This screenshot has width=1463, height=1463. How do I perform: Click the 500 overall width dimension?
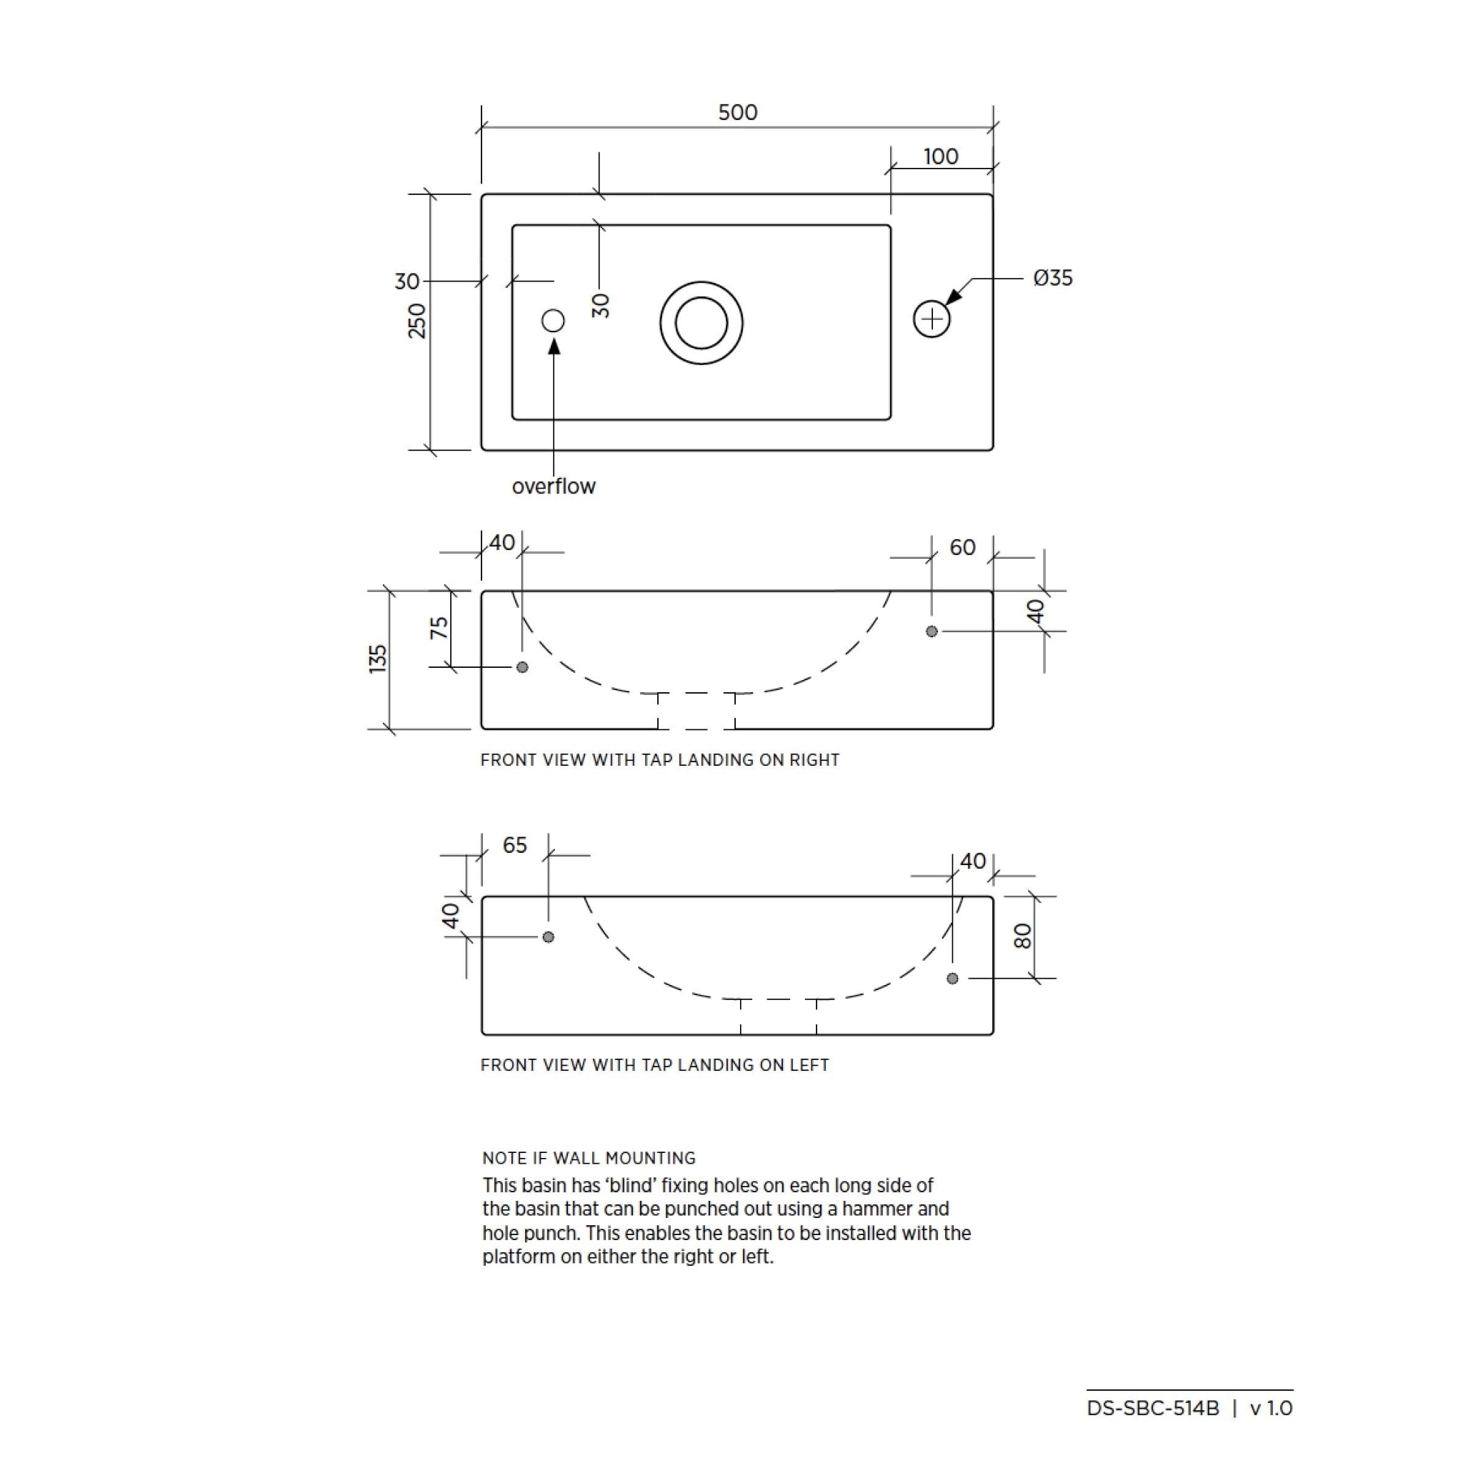(737, 112)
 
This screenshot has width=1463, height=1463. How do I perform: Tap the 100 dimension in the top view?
(941, 156)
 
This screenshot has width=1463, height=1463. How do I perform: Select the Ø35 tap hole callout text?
(1052, 278)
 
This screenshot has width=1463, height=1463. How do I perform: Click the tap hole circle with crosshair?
(932, 319)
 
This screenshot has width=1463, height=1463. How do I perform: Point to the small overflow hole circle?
(554, 320)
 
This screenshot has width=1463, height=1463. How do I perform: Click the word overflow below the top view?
(554, 486)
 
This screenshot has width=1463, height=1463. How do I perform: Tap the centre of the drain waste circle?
(701, 323)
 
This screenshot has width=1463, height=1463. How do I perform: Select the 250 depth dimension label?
(417, 320)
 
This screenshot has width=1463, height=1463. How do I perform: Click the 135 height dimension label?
(377, 659)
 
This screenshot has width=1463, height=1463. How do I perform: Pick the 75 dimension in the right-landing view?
(439, 628)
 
